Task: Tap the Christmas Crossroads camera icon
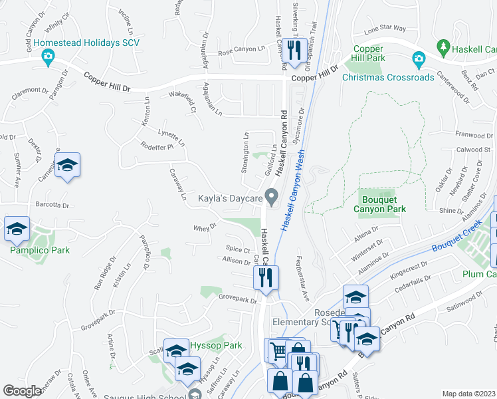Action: click(419, 60)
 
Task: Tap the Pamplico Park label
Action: click(39, 251)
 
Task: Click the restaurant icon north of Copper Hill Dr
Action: click(291, 49)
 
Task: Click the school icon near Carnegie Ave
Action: click(67, 166)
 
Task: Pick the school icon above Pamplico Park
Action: click(17, 229)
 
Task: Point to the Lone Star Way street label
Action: click(384, 28)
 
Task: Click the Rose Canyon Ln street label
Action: click(241, 53)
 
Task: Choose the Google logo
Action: click(23, 391)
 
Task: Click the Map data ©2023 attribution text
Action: click(468, 394)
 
